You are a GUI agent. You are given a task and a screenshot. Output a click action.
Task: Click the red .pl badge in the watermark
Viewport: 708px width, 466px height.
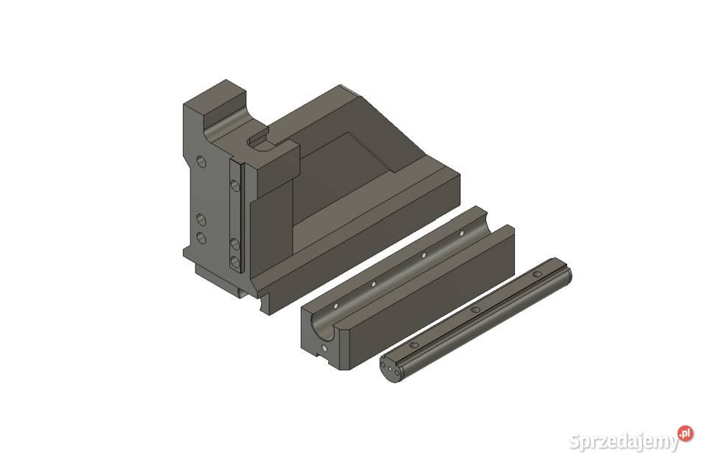(686, 434)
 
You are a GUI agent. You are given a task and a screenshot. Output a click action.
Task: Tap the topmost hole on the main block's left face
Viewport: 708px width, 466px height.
(201, 160)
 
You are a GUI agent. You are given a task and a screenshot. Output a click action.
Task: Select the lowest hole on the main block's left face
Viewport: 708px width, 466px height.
(200, 237)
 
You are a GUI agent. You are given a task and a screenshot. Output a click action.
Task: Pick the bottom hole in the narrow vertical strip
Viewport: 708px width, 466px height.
(235, 262)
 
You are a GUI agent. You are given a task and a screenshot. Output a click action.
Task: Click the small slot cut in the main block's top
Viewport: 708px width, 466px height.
(260, 139)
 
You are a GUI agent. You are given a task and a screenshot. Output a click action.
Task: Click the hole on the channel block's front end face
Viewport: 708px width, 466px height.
(324, 347)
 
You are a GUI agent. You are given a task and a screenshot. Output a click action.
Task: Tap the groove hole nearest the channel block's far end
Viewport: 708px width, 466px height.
(462, 233)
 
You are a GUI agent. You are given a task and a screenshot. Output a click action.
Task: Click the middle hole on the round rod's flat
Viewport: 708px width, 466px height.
(476, 310)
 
